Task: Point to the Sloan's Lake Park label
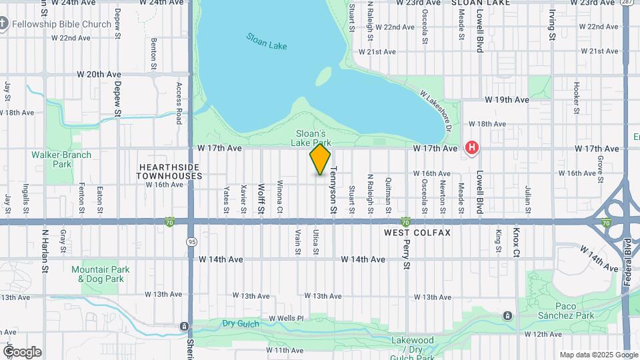[311, 137]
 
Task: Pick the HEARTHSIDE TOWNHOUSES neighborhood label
[169, 171]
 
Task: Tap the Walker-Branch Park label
[61, 159]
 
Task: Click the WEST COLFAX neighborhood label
[417, 233]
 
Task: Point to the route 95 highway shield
[192, 241]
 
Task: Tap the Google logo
[21, 352]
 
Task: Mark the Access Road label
[179, 103]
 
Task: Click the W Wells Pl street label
[286, 318]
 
